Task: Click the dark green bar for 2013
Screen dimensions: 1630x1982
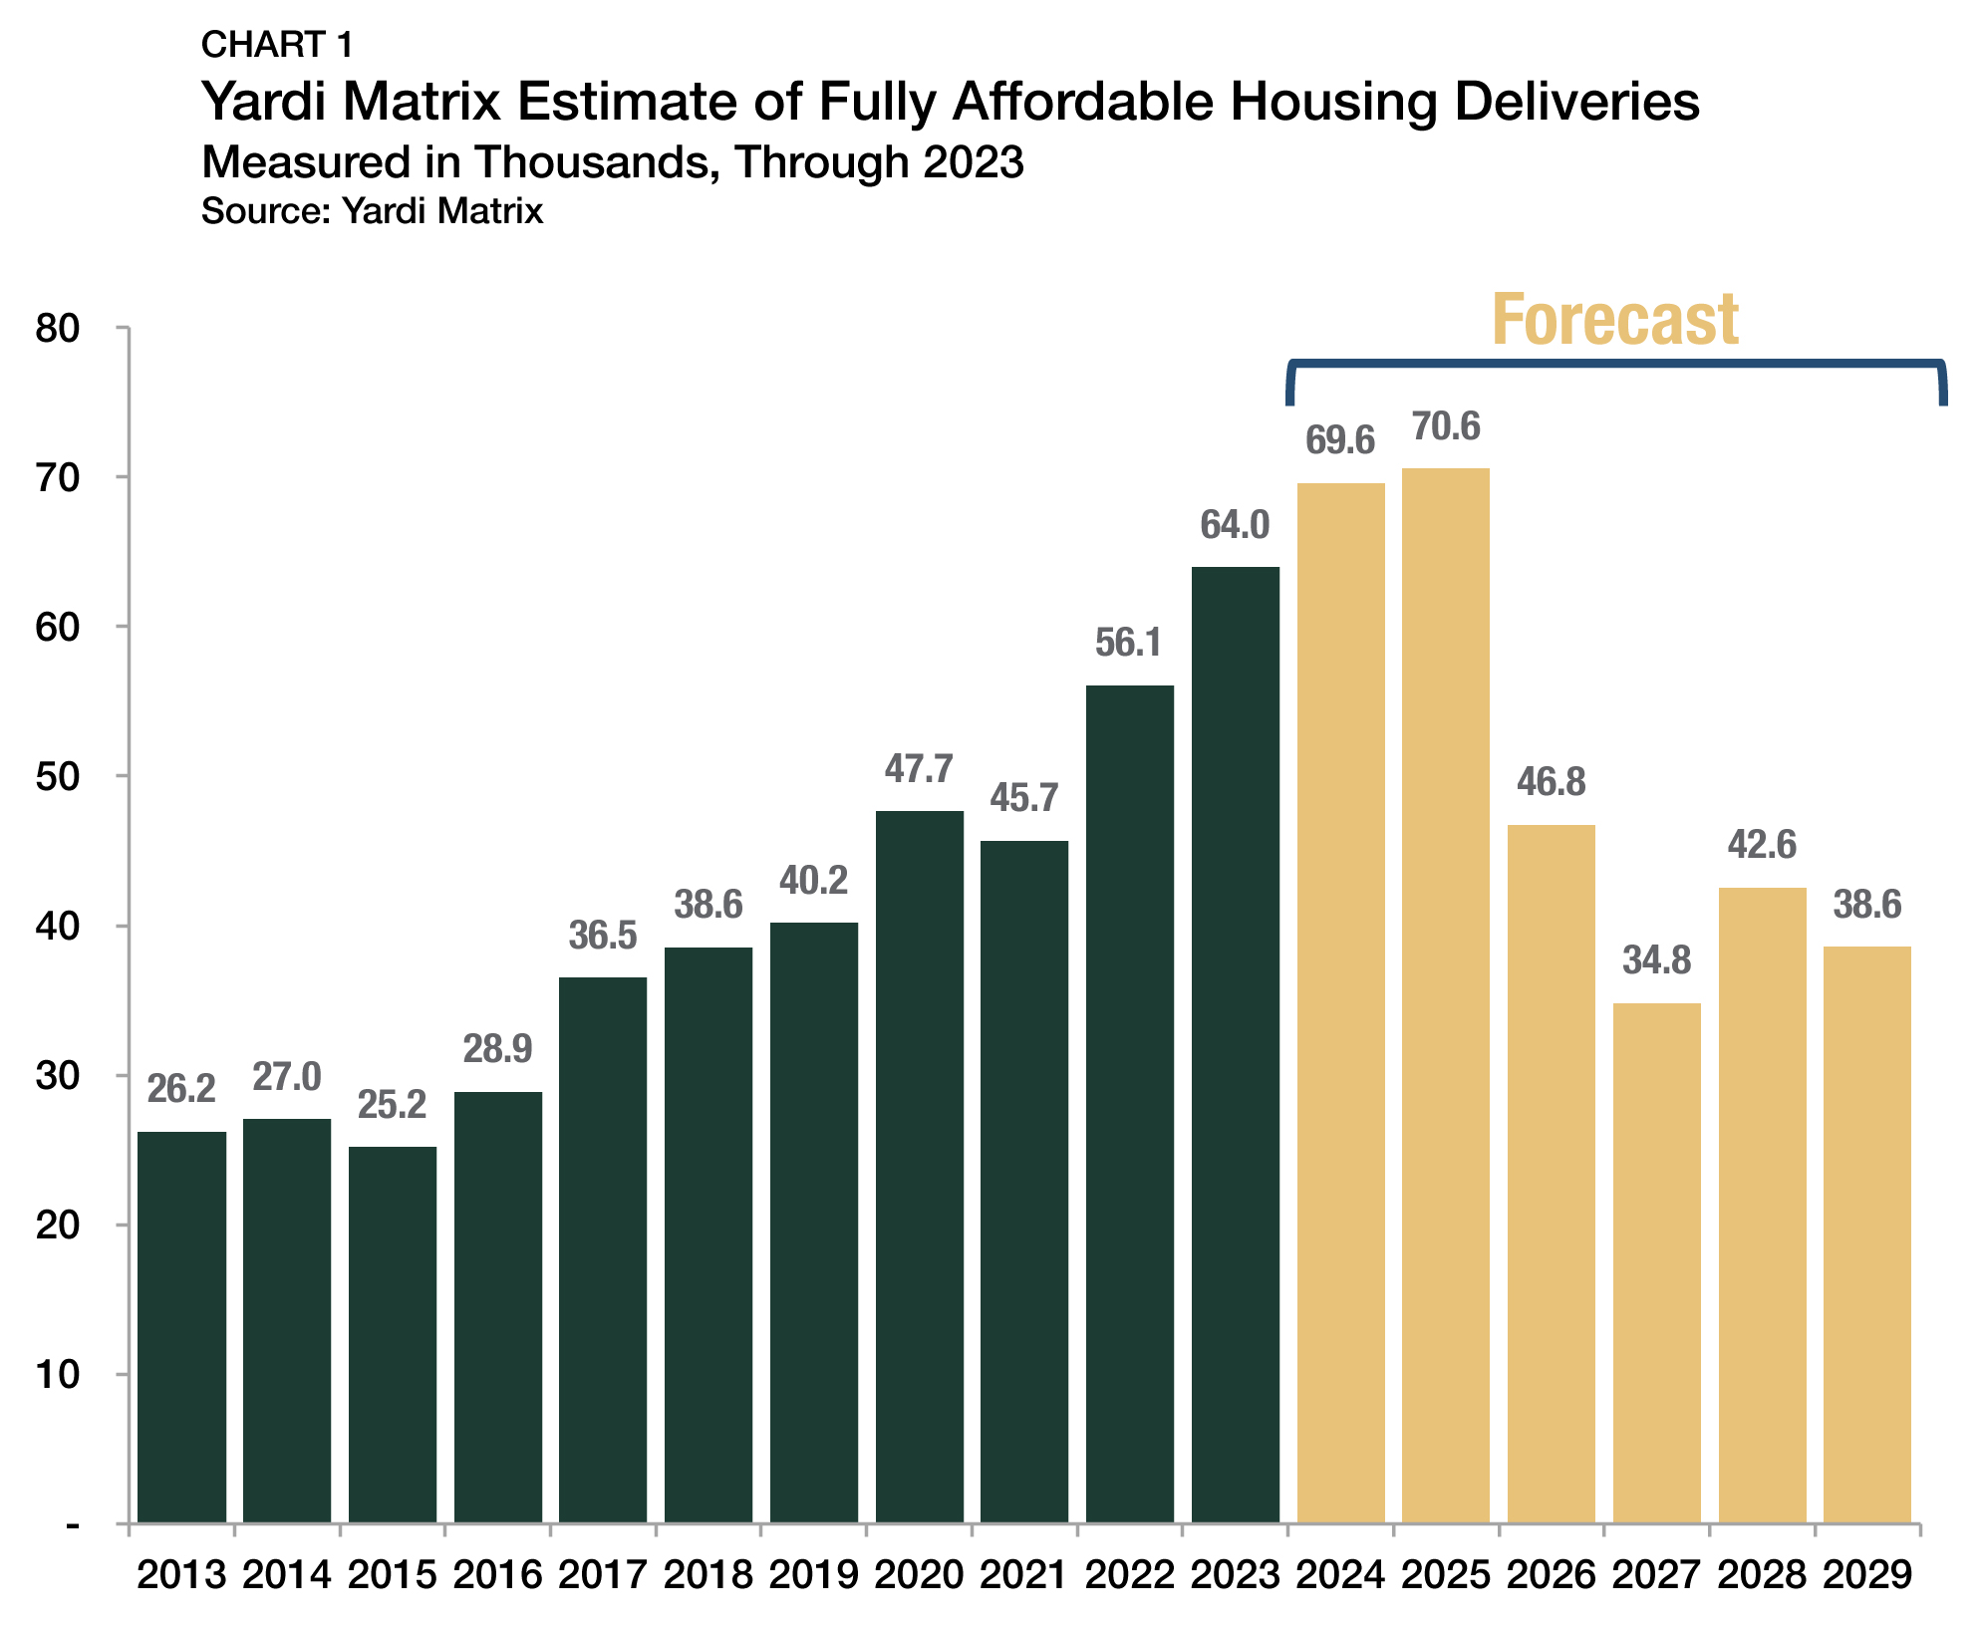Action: [x=181, y=1326]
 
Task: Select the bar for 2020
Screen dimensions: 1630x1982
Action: [x=919, y=1166]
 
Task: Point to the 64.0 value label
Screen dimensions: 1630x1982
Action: [x=1235, y=525]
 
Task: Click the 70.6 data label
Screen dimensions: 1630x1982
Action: [x=1446, y=426]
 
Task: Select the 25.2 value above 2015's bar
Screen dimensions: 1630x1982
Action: [x=392, y=1105]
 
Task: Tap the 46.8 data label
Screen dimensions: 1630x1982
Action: [x=1551, y=782]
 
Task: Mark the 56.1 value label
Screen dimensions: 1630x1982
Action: [x=1128, y=644]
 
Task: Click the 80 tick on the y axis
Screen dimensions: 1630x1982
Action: [x=57, y=329]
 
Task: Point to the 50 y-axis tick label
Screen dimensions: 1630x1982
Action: [x=57, y=777]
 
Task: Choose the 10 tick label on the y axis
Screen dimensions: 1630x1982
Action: [x=57, y=1375]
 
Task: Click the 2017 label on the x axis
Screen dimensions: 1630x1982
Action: [x=602, y=1576]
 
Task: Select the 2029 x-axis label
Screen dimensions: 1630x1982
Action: [x=1867, y=1576]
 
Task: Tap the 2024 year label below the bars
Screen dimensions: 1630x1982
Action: [x=1340, y=1576]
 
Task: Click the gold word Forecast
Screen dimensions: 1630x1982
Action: [x=1614, y=321]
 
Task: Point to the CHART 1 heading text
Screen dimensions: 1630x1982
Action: [x=277, y=45]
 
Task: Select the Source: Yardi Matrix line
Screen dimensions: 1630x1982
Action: [x=372, y=211]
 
